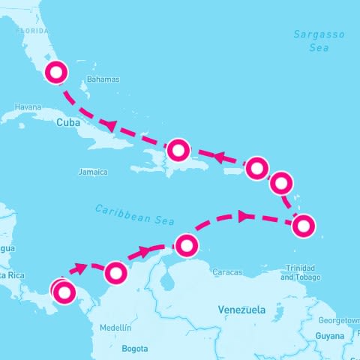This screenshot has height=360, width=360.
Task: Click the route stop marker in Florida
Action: [x=57, y=73]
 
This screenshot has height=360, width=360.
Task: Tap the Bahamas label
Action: [x=103, y=79]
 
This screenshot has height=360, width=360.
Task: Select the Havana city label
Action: [x=27, y=107]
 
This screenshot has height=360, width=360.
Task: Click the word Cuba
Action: [x=67, y=122]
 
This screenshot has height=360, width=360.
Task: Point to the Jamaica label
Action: [x=93, y=172]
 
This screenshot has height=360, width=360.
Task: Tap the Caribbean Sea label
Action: [x=134, y=214]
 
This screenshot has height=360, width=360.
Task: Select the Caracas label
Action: [x=227, y=271]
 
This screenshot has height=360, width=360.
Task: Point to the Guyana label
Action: [x=329, y=335]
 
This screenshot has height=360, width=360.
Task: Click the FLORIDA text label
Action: [x=32, y=31]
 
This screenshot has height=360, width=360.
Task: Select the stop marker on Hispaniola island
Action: [x=178, y=150]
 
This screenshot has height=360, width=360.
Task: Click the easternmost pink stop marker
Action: [x=303, y=225]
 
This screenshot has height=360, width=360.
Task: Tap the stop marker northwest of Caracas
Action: [x=187, y=244]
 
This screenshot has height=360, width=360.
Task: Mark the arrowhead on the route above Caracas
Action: [x=242, y=216]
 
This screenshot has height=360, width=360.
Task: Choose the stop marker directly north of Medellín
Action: [x=115, y=273]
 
